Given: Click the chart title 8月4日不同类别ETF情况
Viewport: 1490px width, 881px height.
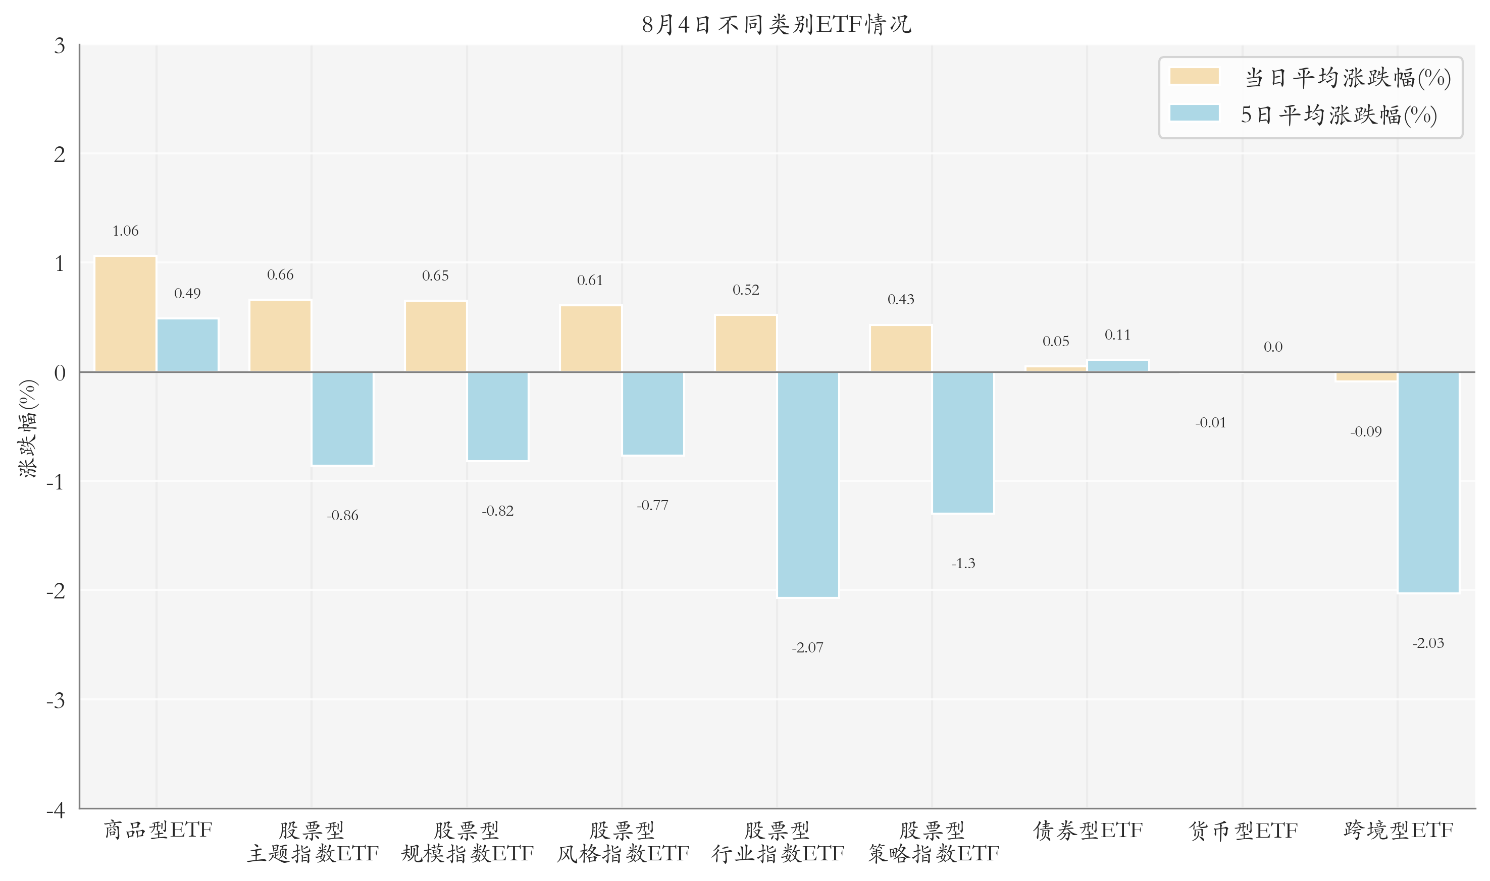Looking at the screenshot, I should click(776, 24).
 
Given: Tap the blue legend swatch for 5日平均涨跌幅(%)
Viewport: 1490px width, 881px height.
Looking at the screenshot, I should click(1194, 114).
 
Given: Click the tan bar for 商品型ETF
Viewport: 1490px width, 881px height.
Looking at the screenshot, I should click(125, 314).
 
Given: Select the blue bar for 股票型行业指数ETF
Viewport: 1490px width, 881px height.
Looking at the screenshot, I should click(808, 484).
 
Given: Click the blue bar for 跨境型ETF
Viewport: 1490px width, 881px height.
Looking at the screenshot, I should click(1428, 482).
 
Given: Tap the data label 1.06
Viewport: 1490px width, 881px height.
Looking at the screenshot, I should click(125, 231).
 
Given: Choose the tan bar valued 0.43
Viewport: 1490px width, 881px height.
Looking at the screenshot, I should click(901, 349).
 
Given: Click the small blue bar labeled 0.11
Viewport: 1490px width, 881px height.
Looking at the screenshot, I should click(1118, 366).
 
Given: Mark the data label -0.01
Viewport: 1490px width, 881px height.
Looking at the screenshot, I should click(1210, 423).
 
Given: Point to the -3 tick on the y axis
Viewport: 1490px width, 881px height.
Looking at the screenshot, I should click(57, 700).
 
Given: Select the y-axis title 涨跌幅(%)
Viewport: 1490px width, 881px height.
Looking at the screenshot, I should click(28, 428).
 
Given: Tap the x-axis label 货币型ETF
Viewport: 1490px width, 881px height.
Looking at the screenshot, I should click(1243, 830).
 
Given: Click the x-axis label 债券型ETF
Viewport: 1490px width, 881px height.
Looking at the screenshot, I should click(1088, 830).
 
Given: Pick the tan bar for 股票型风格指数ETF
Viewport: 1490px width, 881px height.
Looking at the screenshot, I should click(591, 339).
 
